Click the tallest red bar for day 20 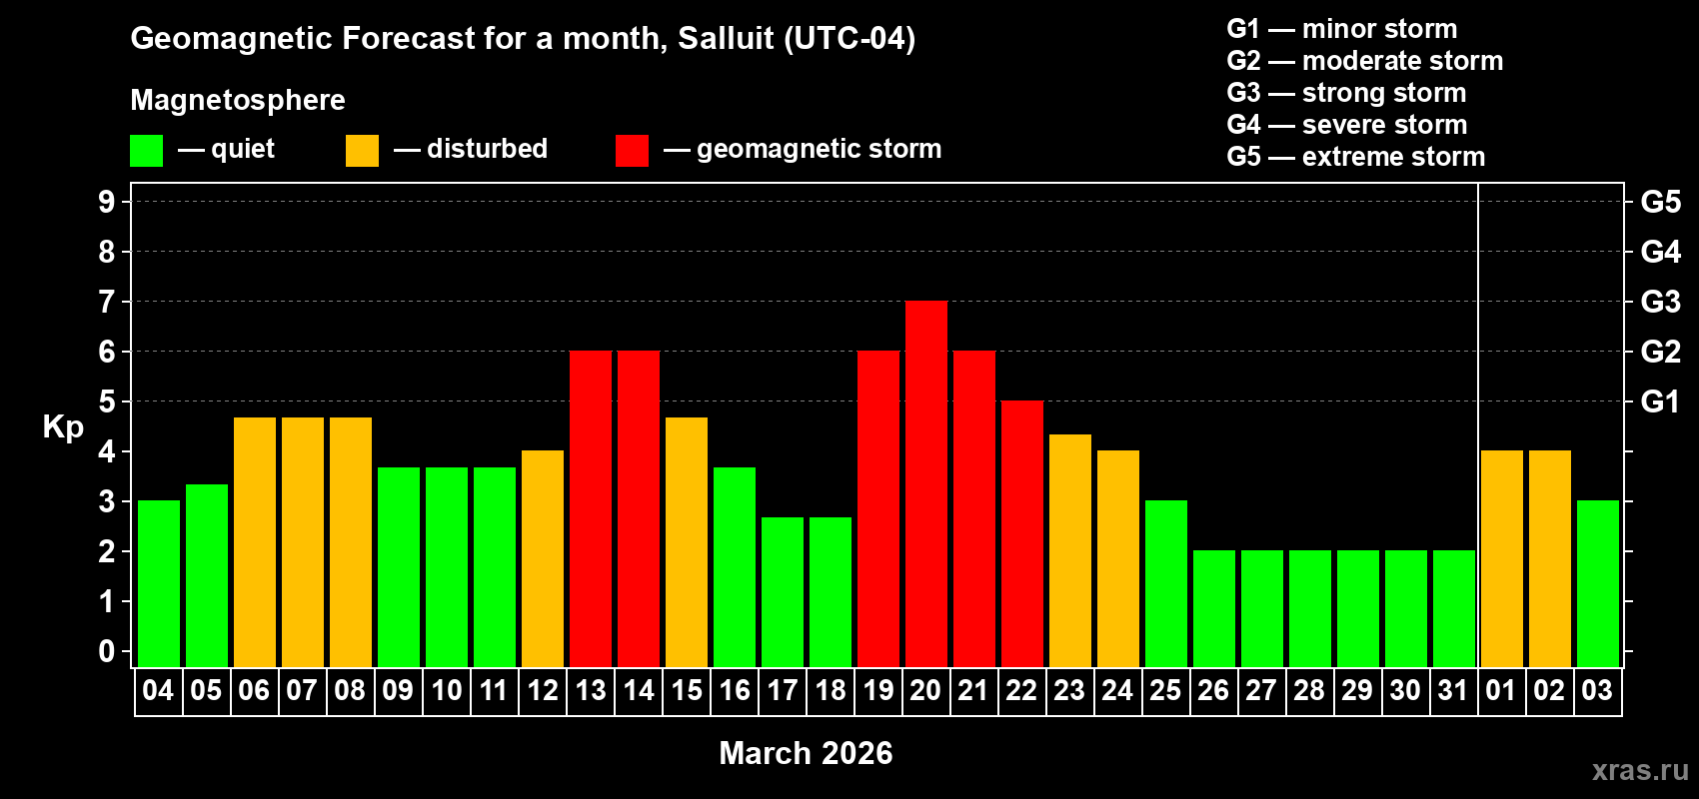pyautogui.click(x=925, y=483)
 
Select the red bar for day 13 pyautogui.click(x=590, y=508)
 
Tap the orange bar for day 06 pyautogui.click(x=254, y=541)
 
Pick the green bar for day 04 pyautogui.click(x=158, y=583)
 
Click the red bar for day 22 pyautogui.click(x=1021, y=533)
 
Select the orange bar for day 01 pyautogui.click(x=1501, y=558)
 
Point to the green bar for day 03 pyautogui.click(x=1597, y=583)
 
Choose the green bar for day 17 pyautogui.click(x=782, y=591)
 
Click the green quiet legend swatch pyautogui.click(x=146, y=151)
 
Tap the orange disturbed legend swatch pyautogui.click(x=362, y=151)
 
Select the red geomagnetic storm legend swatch pyautogui.click(x=632, y=151)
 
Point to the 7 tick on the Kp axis pyautogui.click(x=107, y=302)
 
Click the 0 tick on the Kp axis pyautogui.click(x=107, y=651)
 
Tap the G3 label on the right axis pyautogui.click(x=1660, y=302)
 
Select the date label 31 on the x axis pyautogui.click(x=1452, y=690)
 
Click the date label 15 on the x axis pyautogui.click(x=686, y=690)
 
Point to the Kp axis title pyautogui.click(x=63, y=426)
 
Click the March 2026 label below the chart pyautogui.click(x=806, y=753)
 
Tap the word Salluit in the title pyautogui.click(x=726, y=38)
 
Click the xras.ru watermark pyautogui.click(x=1640, y=770)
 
